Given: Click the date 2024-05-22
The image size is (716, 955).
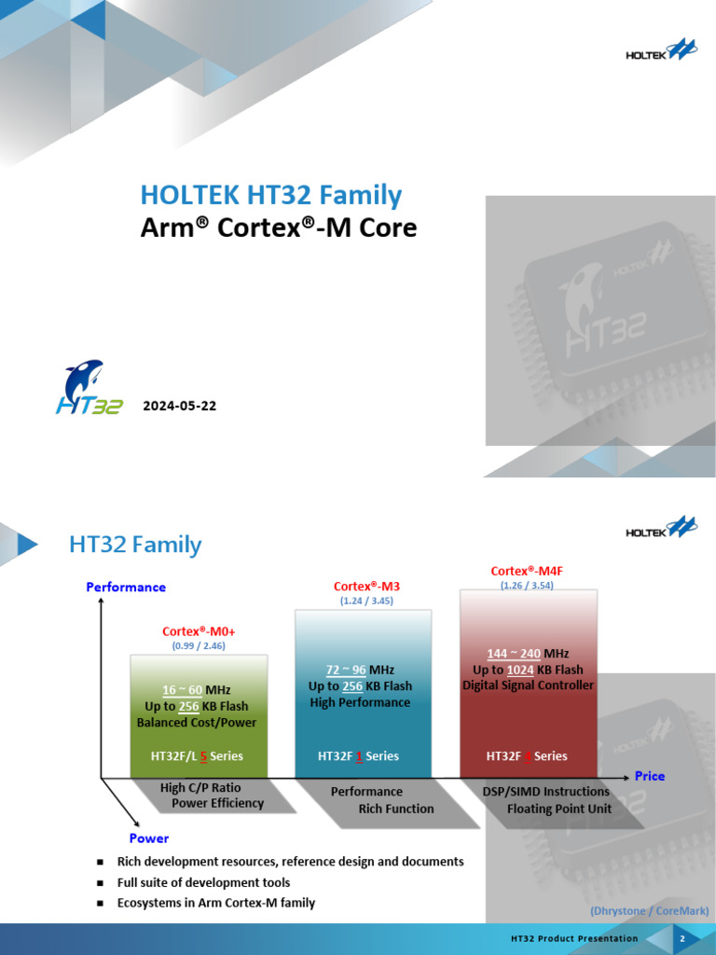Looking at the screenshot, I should pyautogui.click(x=179, y=406).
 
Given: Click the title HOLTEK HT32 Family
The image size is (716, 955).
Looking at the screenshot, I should pyautogui.click(x=270, y=195).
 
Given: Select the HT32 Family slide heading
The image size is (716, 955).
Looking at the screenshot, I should pyautogui.click(x=135, y=544).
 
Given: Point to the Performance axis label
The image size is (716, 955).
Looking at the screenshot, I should pyautogui.click(x=126, y=587).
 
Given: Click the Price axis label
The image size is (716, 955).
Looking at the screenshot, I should pyautogui.click(x=650, y=776).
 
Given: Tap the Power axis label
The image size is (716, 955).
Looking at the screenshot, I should pyautogui.click(x=149, y=837).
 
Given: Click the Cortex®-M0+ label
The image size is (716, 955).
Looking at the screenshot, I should pyautogui.click(x=198, y=631).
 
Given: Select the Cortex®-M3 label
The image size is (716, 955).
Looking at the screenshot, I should pyautogui.click(x=365, y=586).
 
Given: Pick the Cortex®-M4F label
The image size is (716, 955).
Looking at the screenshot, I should pyautogui.click(x=526, y=571).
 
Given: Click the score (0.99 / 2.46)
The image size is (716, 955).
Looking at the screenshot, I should pyautogui.click(x=198, y=645).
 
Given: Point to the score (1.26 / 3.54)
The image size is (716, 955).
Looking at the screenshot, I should pyautogui.click(x=528, y=586).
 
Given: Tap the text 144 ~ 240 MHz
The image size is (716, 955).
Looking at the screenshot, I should pyautogui.click(x=528, y=653).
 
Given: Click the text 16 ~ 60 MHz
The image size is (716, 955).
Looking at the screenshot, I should pyautogui.click(x=197, y=689).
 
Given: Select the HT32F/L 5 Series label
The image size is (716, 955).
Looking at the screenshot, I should pyautogui.click(x=197, y=755).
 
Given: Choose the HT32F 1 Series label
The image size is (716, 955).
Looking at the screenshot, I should pyautogui.click(x=358, y=755).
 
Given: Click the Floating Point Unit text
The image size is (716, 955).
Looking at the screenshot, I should pyautogui.click(x=558, y=809).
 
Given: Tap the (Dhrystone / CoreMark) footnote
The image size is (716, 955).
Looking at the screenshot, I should pyautogui.click(x=650, y=910).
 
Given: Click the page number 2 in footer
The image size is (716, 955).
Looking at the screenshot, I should pyautogui.click(x=682, y=938).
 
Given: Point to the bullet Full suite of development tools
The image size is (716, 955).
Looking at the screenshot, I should pyautogui.click(x=203, y=882).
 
